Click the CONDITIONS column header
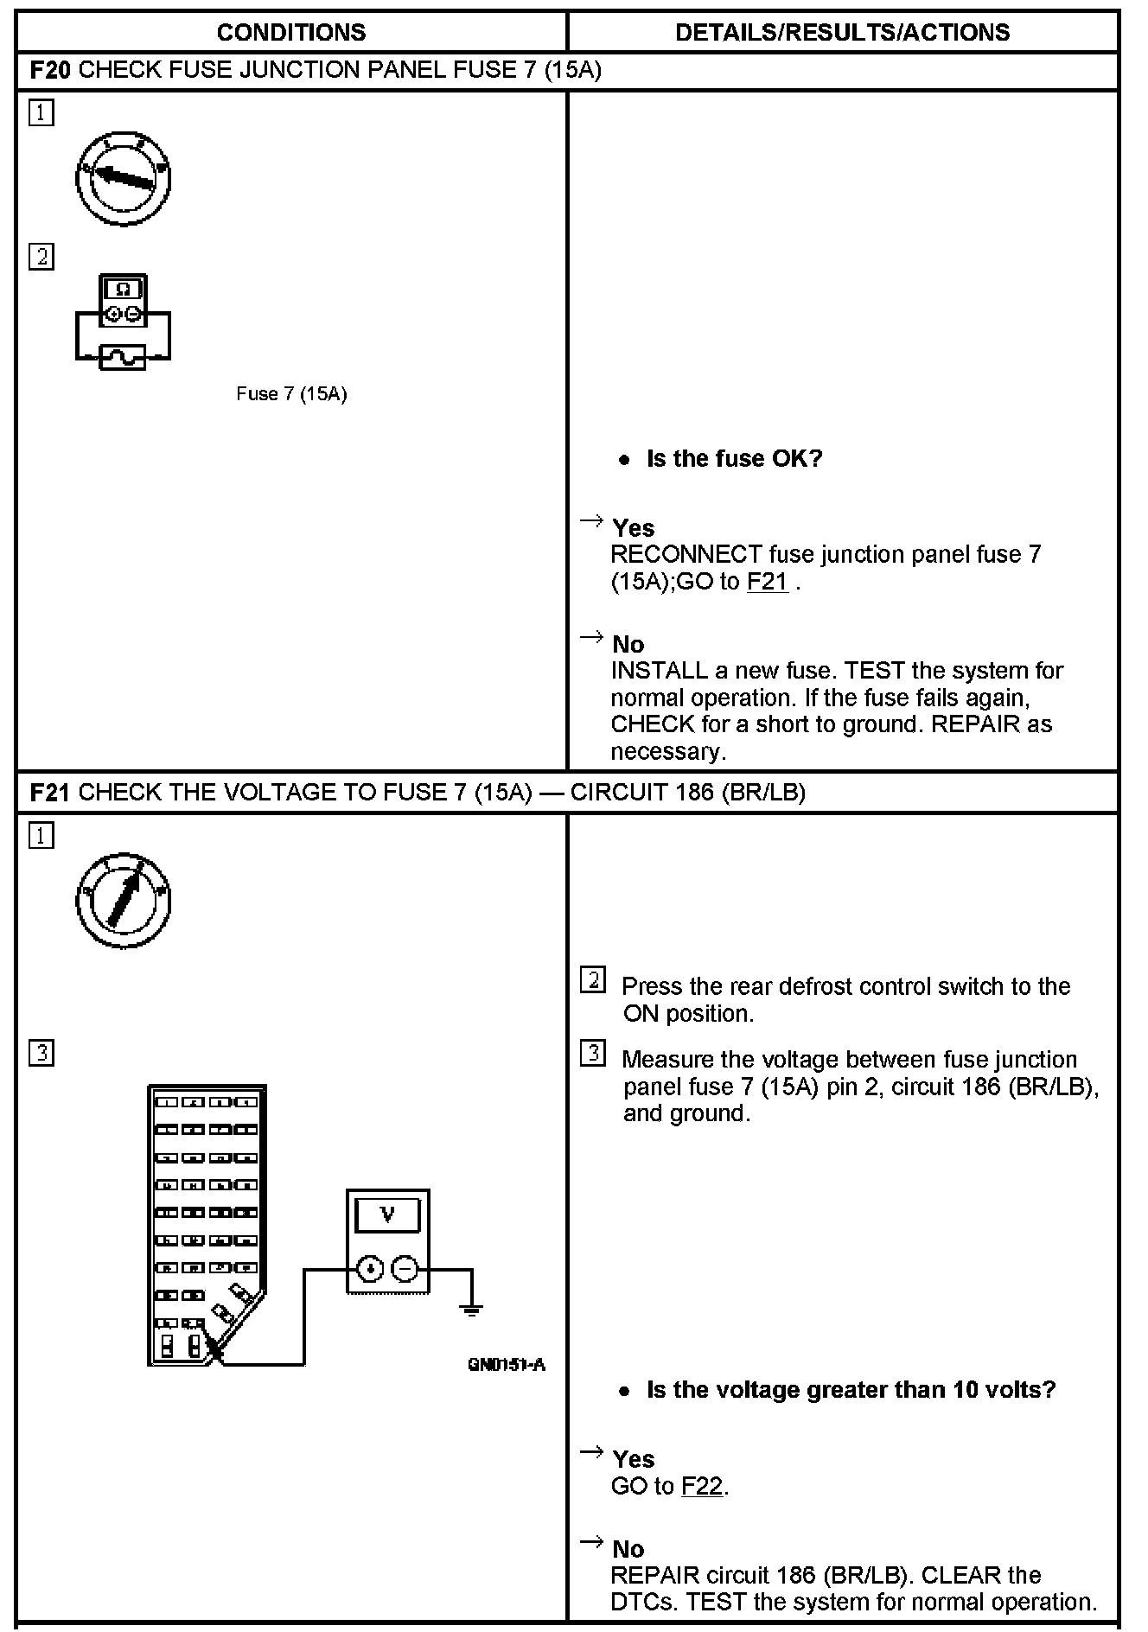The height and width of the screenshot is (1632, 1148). (291, 33)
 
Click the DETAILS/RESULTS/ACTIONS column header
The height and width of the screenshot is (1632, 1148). (842, 33)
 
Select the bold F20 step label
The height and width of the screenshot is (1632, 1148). (50, 70)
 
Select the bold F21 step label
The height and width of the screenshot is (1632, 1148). (50, 793)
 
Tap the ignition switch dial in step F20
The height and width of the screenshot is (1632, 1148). (123, 179)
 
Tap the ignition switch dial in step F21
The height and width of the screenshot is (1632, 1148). (123, 902)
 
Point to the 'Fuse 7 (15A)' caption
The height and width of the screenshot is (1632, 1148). (291, 394)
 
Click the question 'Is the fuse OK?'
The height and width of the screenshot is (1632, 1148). (734, 458)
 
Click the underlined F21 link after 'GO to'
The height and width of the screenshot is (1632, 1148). (767, 582)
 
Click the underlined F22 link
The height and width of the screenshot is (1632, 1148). (701, 1486)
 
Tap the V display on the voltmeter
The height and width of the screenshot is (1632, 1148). (387, 1214)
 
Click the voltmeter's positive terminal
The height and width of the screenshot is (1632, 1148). (370, 1268)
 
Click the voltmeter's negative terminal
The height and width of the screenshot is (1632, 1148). (405, 1268)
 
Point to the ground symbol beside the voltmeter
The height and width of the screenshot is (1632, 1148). (471, 1309)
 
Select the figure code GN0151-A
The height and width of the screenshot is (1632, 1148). (507, 1364)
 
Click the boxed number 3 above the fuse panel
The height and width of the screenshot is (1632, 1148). (41, 1053)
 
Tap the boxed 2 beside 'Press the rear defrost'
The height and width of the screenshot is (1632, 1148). (593, 980)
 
